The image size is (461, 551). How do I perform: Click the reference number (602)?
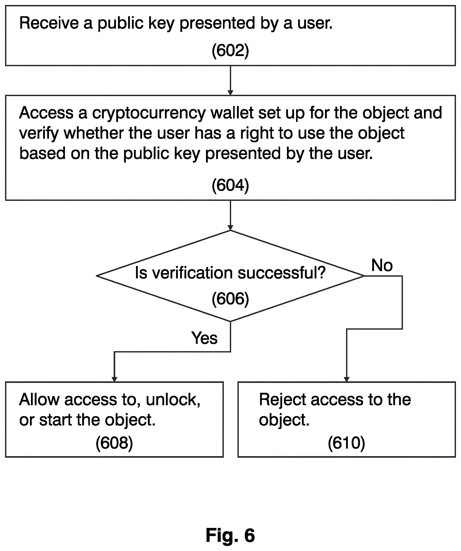pyautogui.click(x=230, y=50)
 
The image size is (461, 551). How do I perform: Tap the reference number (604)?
pyautogui.click(x=230, y=185)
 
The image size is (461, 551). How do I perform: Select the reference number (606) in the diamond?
pyautogui.click(x=230, y=299)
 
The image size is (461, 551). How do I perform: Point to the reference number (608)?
pyautogui.click(x=114, y=443)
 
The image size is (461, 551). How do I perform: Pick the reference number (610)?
pyautogui.click(x=346, y=443)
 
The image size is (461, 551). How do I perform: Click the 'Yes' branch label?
pyautogui.click(x=204, y=338)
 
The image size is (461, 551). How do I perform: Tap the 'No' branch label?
pyautogui.click(x=382, y=265)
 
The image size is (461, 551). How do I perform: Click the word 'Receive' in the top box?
pyautogui.click(x=49, y=23)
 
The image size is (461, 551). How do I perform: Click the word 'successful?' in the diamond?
pyautogui.click(x=281, y=273)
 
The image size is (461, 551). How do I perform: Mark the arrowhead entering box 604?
pyautogui.click(x=230, y=93)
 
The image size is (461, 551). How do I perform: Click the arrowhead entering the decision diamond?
pyautogui.click(x=230, y=227)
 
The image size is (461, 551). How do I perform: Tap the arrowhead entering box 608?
pyautogui.click(x=114, y=379)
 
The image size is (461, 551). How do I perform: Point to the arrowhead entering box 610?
pyautogui.click(x=346, y=379)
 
